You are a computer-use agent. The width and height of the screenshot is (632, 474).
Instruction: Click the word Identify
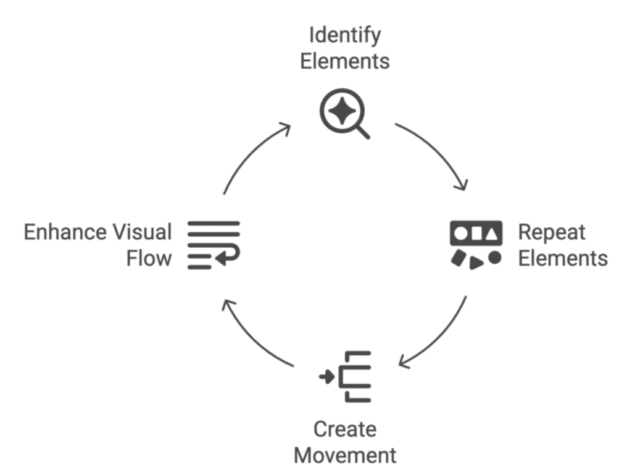click(344, 36)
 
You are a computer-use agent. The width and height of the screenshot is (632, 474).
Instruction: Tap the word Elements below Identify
click(344, 62)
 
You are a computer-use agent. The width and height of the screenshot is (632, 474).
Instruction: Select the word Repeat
click(551, 232)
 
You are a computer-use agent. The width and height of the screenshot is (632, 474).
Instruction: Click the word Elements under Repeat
click(562, 258)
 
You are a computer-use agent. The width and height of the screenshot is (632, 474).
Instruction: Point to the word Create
click(344, 429)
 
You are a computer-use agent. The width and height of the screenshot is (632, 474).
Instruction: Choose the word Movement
click(344, 455)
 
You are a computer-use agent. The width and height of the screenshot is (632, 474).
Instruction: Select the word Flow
click(149, 258)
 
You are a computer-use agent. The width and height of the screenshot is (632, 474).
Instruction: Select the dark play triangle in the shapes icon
click(476, 263)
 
